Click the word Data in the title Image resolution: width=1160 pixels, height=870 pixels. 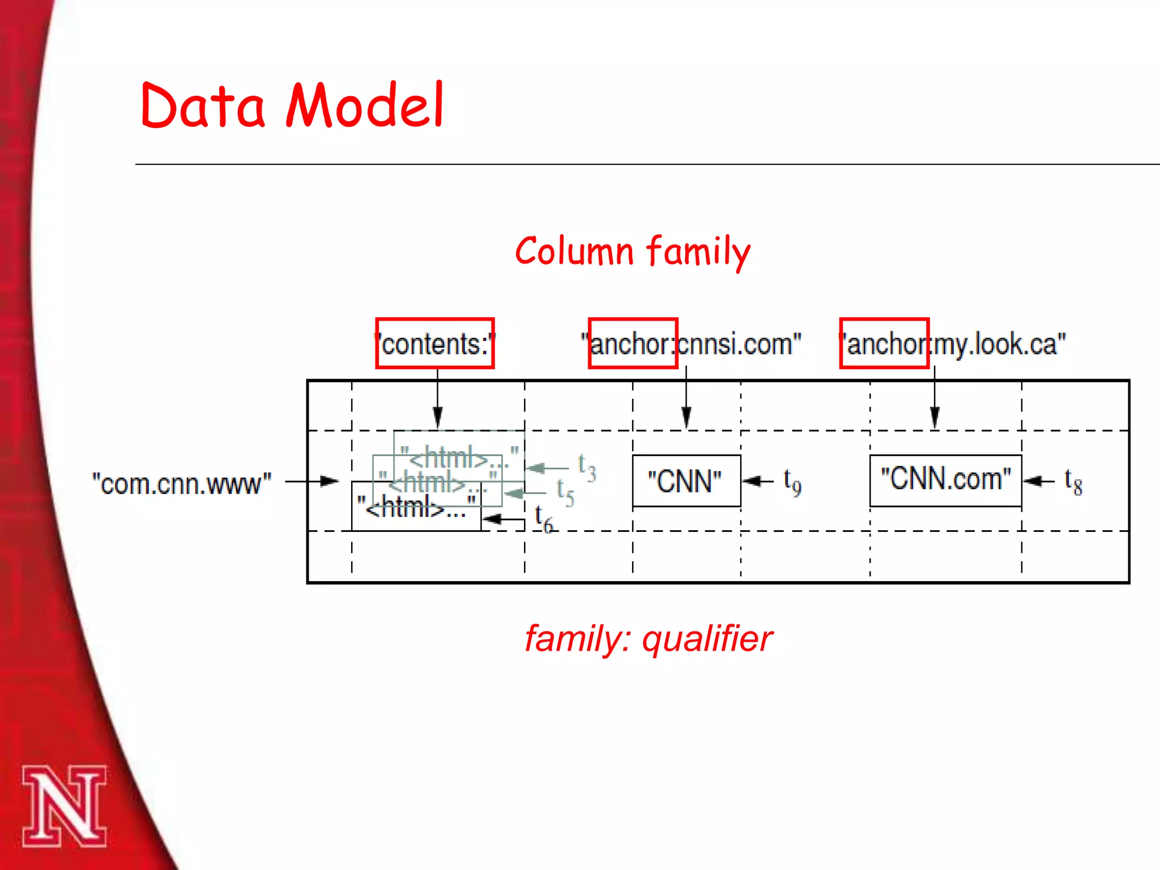pyautogui.click(x=202, y=106)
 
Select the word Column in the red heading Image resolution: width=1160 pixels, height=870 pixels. pyautogui.click(x=574, y=251)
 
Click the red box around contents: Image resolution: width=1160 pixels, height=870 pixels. pyautogui.click(x=435, y=343)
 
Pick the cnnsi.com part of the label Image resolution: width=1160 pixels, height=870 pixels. pyautogui.click(x=736, y=344)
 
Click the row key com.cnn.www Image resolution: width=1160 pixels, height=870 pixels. pyautogui.click(x=182, y=484)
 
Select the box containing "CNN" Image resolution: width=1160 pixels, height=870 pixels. pyautogui.click(x=686, y=481)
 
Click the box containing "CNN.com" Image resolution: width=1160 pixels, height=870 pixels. pyautogui.click(x=945, y=480)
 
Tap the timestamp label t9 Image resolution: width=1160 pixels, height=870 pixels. pyautogui.click(x=792, y=483)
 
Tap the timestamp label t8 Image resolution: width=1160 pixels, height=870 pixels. pyautogui.click(x=1073, y=482)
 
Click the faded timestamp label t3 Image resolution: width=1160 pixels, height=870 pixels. pyautogui.click(x=586, y=468)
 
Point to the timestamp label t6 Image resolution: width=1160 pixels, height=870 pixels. pyautogui.click(x=543, y=518)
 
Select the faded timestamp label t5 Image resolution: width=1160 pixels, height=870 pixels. pyautogui.click(x=565, y=492)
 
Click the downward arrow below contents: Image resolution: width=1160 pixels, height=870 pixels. pyautogui.click(x=437, y=399)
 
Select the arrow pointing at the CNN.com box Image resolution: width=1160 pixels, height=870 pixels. pyautogui.click(x=1039, y=481)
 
